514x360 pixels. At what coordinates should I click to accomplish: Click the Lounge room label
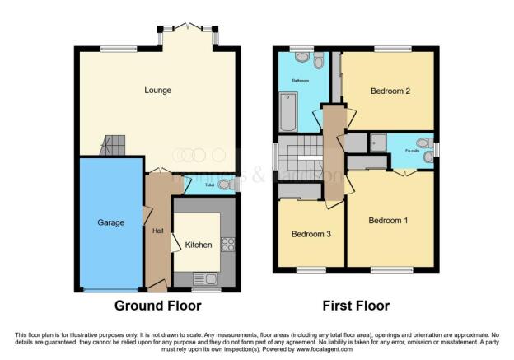pyautogui.click(x=157, y=90)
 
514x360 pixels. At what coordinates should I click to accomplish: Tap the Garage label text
pyautogui.click(x=110, y=222)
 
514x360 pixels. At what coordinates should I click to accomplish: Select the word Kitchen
pyautogui.click(x=199, y=245)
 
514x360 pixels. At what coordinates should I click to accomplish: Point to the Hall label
pyautogui.click(x=157, y=231)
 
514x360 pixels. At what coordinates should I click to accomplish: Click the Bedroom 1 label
pyautogui.click(x=388, y=220)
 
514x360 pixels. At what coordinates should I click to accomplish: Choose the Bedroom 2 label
pyautogui.click(x=390, y=91)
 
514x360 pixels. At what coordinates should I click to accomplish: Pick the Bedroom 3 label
pyautogui.click(x=311, y=234)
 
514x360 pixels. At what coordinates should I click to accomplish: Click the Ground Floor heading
pyautogui.click(x=157, y=306)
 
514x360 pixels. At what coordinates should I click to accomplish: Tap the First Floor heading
pyautogui.click(x=356, y=306)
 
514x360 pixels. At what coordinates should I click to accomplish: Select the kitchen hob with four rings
pyautogui.click(x=227, y=245)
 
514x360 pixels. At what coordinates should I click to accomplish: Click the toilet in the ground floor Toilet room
pyautogui.click(x=224, y=185)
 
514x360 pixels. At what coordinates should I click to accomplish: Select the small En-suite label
pyautogui.click(x=402, y=151)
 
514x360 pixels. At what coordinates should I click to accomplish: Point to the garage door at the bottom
pyautogui.click(x=110, y=290)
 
